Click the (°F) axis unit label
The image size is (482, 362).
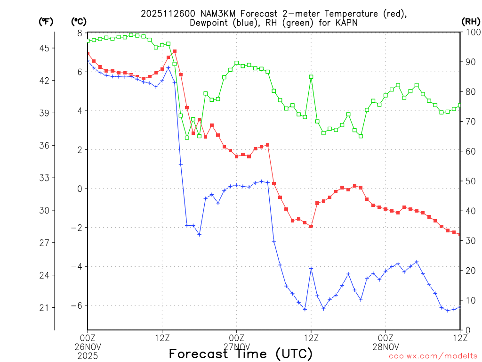(x=46, y=21)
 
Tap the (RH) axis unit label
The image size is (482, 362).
(x=471, y=21)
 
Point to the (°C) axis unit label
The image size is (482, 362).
(x=79, y=21)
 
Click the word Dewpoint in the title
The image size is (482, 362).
(x=210, y=23)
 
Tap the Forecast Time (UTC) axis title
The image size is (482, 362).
(x=241, y=354)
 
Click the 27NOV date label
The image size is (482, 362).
(x=237, y=346)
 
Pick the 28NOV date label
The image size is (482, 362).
(x=386, y=346)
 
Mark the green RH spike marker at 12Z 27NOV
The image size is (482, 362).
(x=311, y=77)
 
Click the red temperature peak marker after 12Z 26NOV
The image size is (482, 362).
(x=175, y=51)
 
